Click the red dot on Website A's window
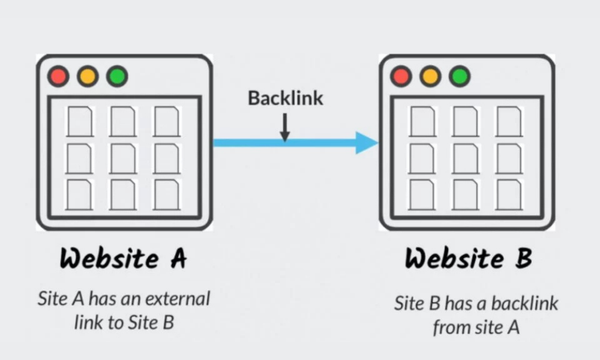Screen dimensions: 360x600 58,77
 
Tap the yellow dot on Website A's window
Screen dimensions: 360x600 88,77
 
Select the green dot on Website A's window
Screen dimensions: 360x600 117,77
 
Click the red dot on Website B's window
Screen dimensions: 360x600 401,76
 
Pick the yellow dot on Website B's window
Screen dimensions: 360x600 430,76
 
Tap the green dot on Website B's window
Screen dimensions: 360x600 460,76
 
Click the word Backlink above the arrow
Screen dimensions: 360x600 286,98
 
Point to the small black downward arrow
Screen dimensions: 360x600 285,127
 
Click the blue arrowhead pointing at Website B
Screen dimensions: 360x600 365,143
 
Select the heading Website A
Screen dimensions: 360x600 124,259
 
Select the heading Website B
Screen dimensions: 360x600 468,259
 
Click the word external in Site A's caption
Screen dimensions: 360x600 180,298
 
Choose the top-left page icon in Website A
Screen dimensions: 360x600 79,121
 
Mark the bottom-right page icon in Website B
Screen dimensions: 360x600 509,194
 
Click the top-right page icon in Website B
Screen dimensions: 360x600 509,121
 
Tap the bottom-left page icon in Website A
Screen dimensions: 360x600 79,194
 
